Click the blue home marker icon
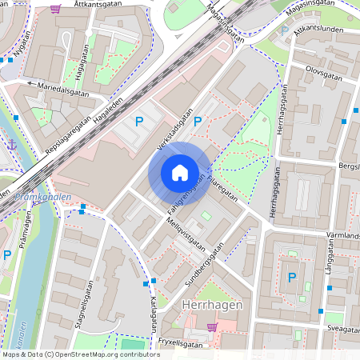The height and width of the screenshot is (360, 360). point(180,173)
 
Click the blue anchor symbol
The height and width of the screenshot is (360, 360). point(11,144)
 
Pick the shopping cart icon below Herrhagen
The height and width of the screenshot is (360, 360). point(212,326)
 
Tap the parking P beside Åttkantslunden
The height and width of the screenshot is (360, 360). point(284,31)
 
